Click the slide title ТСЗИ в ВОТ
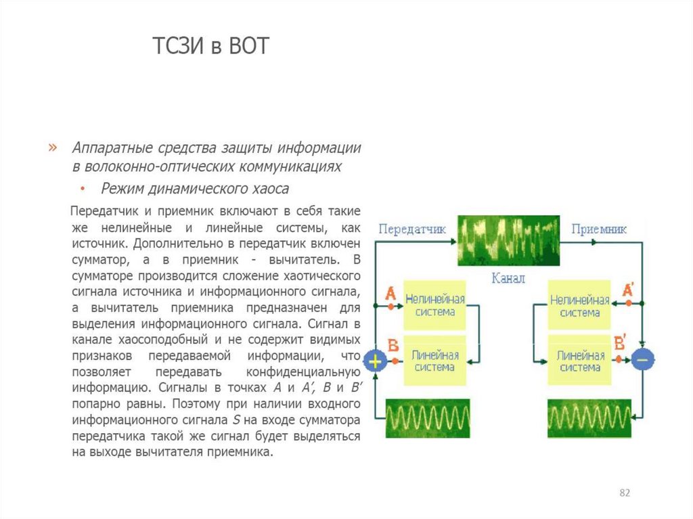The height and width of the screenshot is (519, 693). point(210,47)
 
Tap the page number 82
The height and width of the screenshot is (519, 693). point(625,493)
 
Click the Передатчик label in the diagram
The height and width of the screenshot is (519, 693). point(412,229)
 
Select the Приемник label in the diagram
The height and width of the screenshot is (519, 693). point(599,229)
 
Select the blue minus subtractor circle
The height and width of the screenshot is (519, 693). point(642,360)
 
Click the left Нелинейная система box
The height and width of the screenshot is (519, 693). point(434,305)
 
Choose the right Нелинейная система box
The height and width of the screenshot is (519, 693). point(580,305)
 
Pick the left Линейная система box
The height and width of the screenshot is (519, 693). point(434,360)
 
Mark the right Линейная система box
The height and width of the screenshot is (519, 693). point(580,360)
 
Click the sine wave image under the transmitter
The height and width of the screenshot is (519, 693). point(428,418)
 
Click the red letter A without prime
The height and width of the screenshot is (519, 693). point(390,293)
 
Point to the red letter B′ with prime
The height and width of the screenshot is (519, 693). point(620,342)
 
